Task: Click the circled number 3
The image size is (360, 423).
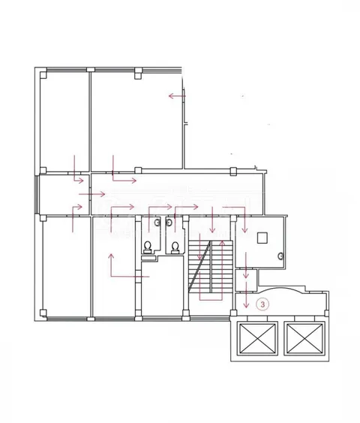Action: click(x=262, y=304)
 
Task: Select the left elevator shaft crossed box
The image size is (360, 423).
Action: click(x=257, y=338)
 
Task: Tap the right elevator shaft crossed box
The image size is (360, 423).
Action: click(x=304, y=338)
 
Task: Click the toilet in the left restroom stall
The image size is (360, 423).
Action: click(x=147, y=247)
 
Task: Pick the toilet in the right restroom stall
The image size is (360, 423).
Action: click(x=175, y=247)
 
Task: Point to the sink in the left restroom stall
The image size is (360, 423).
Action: click(x=157, y=223)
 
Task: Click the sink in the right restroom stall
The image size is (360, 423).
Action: click(x=169, y=223)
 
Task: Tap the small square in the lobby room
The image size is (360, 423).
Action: click(x=262, y=238)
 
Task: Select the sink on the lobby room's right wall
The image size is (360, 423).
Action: click(x=280, y=256)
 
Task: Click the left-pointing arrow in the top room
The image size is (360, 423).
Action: click(x=177, y=96)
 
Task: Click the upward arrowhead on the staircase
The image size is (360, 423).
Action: click(x=222, y=242)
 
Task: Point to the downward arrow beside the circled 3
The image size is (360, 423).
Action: click(x=246, y=295)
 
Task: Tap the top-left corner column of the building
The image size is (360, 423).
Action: click(x=43, y=74)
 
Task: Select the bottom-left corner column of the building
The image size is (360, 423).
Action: click(x=43, y=313)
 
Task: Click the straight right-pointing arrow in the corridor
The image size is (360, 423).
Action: click(x=91, y=194)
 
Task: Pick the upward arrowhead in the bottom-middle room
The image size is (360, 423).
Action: click(x=111, y=256)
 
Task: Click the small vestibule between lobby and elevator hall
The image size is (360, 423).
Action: click(x=245, y=280)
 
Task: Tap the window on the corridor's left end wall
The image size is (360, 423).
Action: click(x=37, y=195)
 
